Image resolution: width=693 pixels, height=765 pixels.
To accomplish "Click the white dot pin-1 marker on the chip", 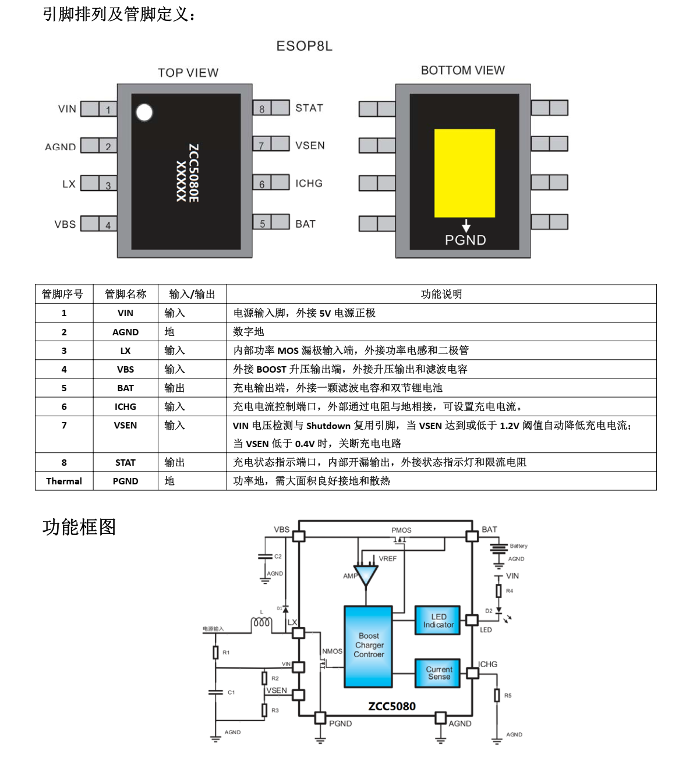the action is click(144, 112).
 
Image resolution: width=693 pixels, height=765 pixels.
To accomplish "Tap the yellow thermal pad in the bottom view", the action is click(464, 173).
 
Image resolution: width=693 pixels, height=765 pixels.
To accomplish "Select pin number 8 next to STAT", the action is click(262, 109).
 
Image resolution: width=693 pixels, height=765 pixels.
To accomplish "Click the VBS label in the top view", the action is click(65, 224).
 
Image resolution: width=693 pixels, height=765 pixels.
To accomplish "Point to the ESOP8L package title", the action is click(304, 46).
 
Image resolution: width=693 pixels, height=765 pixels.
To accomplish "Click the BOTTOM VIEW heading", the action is click(462, 70).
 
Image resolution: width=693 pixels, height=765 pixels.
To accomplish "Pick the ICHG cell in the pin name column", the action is click(125, 406).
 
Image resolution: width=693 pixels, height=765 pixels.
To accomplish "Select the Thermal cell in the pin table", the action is click(63, 481).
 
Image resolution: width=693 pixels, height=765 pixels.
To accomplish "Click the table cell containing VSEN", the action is click(125, 434).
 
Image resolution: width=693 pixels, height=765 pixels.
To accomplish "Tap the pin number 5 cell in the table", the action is click(63, 388).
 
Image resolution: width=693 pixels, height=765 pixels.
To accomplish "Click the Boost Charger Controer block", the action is click(368, 646).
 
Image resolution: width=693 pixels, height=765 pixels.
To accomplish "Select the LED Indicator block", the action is click(438, 621).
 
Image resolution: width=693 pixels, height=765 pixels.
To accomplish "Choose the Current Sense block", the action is click(438, 673).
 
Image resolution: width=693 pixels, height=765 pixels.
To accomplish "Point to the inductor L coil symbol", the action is click(261, 622).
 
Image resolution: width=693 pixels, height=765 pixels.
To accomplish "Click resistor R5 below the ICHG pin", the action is click(497, 695).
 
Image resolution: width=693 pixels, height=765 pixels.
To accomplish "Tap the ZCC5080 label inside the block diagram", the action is click(391, 706).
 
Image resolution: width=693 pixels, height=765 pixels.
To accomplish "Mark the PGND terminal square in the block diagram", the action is click(320, 718).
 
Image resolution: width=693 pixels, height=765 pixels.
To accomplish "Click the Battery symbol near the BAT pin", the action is click(498, 549).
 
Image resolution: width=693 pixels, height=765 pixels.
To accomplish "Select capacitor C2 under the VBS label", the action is click(265, 557).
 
